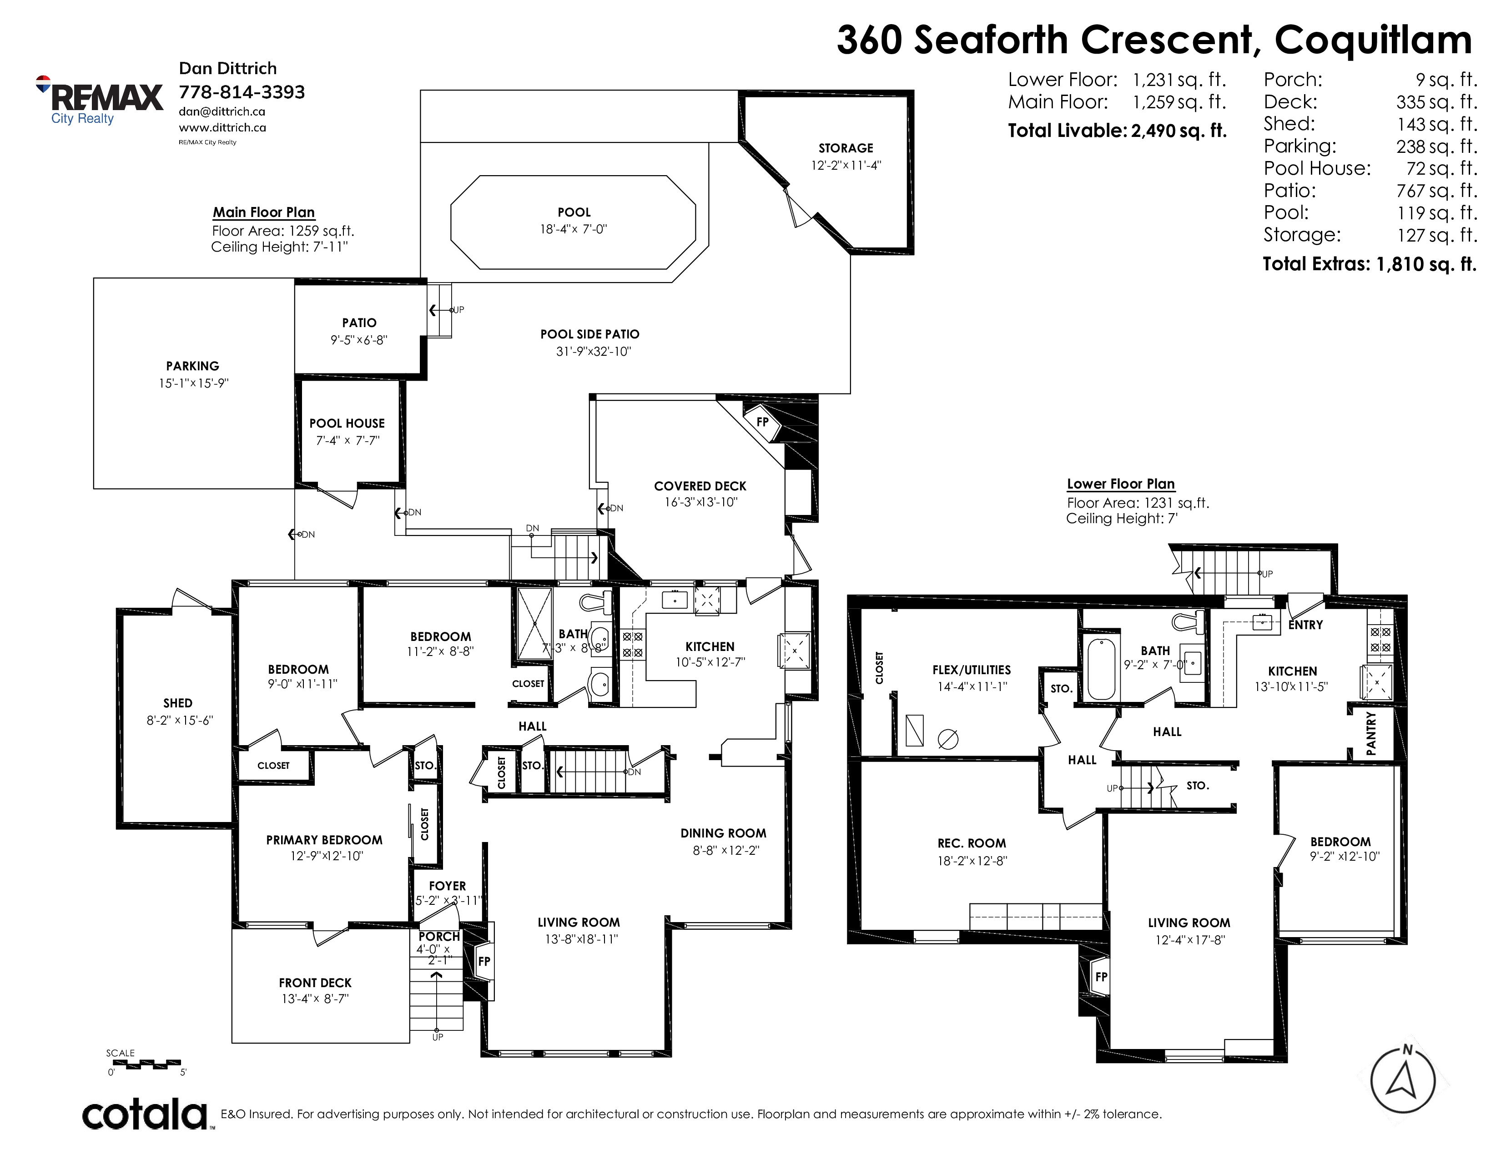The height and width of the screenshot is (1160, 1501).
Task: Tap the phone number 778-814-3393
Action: pos(242,92)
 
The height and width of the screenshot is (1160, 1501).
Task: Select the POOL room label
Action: pos(574,212)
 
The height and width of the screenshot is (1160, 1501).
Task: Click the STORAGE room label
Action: pos(846,148)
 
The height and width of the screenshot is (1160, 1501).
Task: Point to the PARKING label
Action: pos(192,366)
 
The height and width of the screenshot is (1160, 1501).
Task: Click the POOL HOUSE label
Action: pos(347,424)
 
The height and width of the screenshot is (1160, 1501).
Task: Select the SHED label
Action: pos(177,703)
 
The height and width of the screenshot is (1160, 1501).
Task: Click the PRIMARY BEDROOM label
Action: pos(324,840)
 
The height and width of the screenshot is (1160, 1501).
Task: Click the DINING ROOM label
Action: pos(723,833)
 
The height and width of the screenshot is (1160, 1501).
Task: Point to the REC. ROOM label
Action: pos(972,843)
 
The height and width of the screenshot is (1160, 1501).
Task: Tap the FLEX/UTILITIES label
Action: pos(972,669)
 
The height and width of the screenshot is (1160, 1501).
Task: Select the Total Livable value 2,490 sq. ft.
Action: pos(1179,131)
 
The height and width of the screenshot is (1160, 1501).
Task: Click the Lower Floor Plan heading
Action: pos(1121,484)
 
